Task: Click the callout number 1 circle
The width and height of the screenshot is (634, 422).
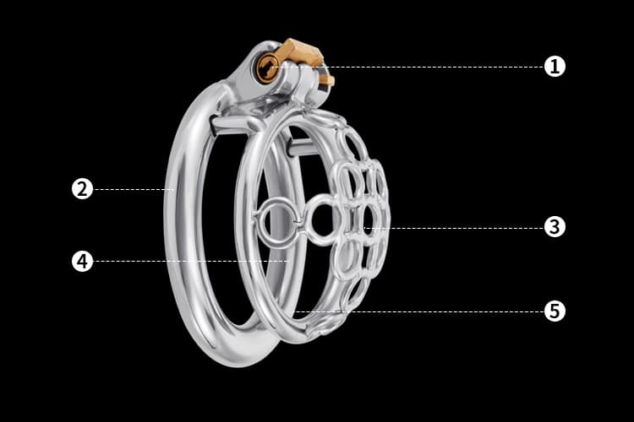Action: click(x=555, y=66)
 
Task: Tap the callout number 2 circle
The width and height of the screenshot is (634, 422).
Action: click(x=82, y=189)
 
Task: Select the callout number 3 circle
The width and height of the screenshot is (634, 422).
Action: click(x=555, y=227)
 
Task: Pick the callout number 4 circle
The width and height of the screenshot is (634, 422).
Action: click(x=82, y=262)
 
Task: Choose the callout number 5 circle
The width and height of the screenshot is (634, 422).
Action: click(x=555, y=311)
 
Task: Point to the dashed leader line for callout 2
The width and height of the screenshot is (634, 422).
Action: click(x=134, y=189)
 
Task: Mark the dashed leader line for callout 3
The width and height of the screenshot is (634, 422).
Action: click(x=454, y=228)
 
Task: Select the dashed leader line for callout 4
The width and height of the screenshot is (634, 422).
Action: click(x=191, y=262)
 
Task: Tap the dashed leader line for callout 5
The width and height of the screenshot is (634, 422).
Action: click(x=419, y=311)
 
